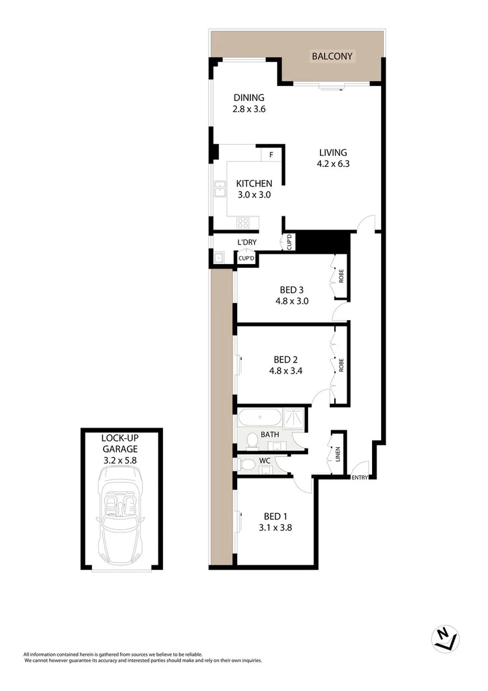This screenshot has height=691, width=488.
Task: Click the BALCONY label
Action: (332, 56)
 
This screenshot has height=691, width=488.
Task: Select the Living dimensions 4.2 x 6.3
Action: (333, 164)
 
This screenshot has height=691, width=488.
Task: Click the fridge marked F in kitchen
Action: (271, 155)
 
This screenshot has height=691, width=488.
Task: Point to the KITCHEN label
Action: (253, 183)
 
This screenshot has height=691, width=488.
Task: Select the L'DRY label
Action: (246, 243)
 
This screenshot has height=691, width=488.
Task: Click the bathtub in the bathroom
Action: (261, 417)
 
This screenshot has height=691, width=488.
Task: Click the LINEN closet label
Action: (337, 452)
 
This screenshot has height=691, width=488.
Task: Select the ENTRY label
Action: (359, 477)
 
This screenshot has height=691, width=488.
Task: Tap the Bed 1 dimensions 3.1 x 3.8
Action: (275, 528)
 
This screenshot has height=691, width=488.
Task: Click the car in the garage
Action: (121, 518)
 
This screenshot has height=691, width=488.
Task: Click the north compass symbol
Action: (446, 640)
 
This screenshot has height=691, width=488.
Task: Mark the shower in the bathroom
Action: (294, 417)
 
